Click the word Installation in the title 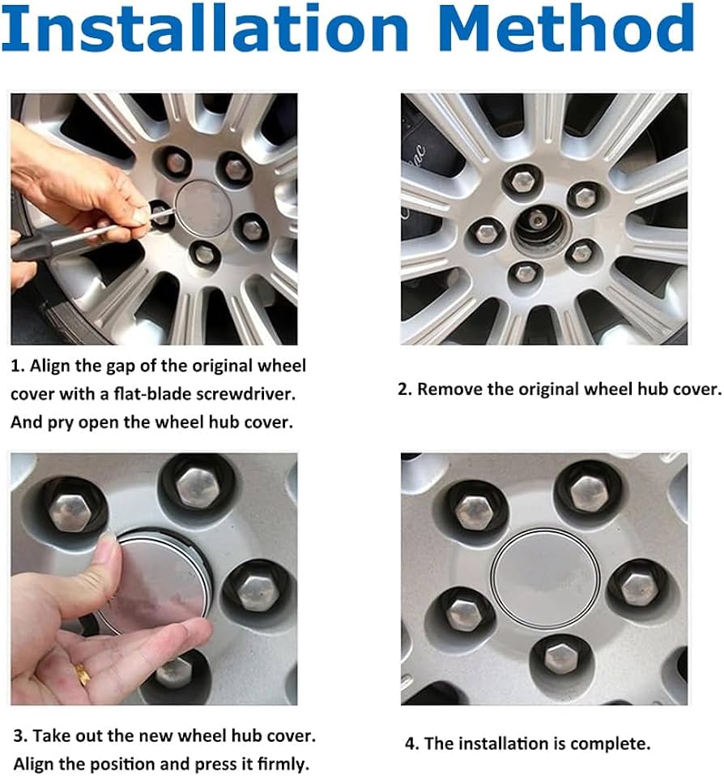pos(205,28)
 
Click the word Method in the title pos(566,28)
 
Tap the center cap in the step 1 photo pos(203,208)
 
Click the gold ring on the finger pos(83,674)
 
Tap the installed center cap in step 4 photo pos(546,578)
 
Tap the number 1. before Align pos(18,367)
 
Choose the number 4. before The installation pos(412,744)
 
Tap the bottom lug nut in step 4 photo pos(560,658)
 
